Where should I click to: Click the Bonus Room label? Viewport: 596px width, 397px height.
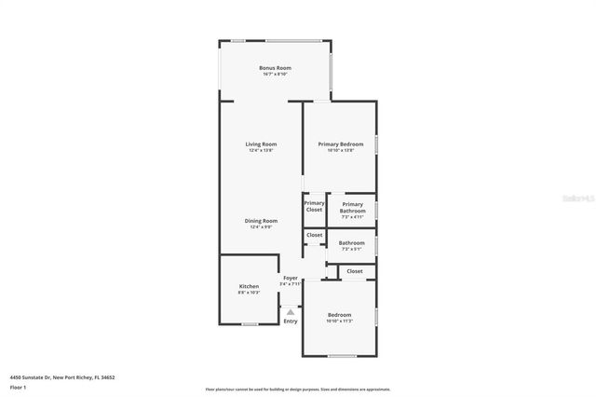pos(275,68)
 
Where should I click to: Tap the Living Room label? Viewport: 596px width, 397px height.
pos(261,144)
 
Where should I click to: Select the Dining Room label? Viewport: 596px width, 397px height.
pos(261,221)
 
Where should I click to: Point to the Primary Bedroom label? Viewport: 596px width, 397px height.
pos(340,144)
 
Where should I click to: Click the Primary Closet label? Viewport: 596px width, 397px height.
pos(314,206)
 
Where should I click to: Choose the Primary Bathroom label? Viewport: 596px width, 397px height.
pos(352,207)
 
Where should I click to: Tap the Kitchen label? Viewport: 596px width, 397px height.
pos(249,286)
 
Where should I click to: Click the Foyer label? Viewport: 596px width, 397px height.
pos(291,278)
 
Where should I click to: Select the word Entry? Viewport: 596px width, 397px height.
pos(291,322)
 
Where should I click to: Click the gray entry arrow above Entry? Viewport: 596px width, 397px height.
pos(291,312)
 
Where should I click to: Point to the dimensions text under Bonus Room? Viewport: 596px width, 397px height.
pos(275,75)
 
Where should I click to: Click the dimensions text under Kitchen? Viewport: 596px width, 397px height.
pos(249,293)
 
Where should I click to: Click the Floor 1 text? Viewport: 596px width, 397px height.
pos(19,387)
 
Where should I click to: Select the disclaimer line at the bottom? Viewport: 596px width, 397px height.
pos(297,390)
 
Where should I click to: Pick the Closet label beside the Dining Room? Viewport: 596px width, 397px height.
pos(315,235)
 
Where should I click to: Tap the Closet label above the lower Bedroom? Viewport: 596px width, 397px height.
pos(355,271)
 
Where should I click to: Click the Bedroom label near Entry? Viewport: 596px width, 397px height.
pos(339,315)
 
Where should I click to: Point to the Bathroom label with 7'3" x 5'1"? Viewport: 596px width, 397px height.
pos(352,243)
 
